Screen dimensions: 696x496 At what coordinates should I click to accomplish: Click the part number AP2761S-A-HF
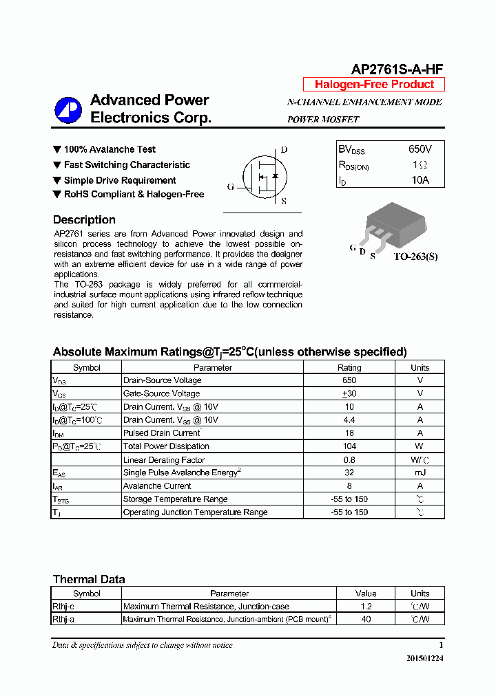397,69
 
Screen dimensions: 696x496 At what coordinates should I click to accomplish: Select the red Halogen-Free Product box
374,85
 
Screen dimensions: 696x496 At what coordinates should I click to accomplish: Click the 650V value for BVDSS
420,149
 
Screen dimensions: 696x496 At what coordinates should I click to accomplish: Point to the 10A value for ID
420,180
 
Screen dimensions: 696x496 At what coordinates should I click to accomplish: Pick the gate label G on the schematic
231,186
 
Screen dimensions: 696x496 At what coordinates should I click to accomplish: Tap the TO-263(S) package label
415,257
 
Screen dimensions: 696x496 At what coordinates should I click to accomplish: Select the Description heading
84,220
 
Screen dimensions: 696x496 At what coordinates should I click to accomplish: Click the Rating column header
349,367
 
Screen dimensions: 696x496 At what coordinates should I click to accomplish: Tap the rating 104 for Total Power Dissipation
349,446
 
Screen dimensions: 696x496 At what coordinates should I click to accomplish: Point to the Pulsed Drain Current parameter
162,433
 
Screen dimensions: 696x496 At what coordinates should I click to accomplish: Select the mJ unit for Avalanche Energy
420,472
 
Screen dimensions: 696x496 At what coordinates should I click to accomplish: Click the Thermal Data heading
89,579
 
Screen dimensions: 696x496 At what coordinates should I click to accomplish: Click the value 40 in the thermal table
366,619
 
